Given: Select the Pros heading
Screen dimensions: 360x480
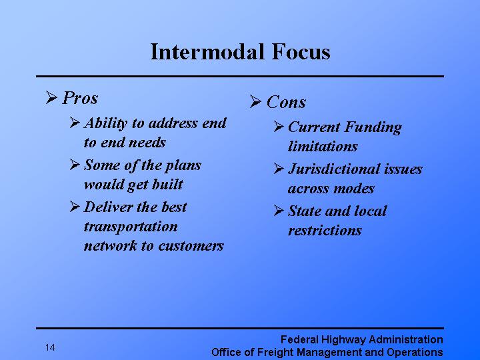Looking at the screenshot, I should [80, 99].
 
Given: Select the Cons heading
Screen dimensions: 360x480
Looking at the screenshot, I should [286, 103].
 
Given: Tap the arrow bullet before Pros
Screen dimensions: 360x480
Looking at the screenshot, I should [52, 99].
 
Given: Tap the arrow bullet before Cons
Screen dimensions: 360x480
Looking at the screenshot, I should [256, 103].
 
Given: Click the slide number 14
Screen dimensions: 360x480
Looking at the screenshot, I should [51, 347].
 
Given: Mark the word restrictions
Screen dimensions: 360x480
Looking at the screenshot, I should [325, 231].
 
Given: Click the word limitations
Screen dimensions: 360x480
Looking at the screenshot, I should [323, 147].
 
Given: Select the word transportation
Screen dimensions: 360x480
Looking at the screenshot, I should [131, 227].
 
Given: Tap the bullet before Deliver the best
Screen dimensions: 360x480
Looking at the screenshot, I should [75, 207].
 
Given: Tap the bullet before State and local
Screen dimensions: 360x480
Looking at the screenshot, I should [279, 211].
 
